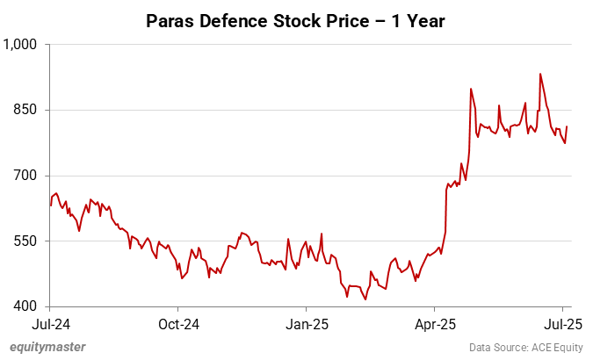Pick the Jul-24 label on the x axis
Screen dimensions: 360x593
tap(49, 323)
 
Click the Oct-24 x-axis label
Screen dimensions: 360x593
tap(177, 323)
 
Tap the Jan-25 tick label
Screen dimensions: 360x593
tap(307, 323)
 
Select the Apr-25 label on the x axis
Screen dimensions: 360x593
tap(436, 323)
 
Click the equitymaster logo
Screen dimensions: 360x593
tap(47, 347)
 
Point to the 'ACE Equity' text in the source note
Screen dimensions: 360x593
tap(558, 348)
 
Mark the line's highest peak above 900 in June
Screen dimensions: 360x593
tap(540, 74)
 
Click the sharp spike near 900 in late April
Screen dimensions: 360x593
tap(471, 89)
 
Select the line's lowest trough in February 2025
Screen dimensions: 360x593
tap(365, 299)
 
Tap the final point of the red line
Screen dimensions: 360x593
tap(567, 126)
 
